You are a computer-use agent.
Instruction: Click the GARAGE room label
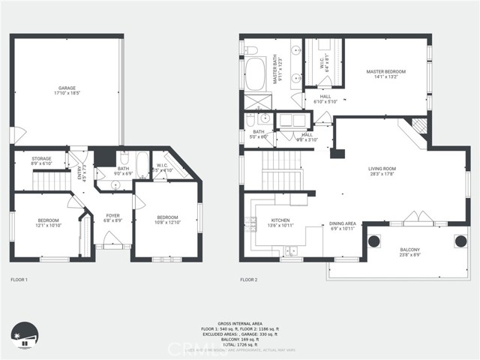67,91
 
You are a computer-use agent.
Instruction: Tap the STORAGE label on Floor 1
41,161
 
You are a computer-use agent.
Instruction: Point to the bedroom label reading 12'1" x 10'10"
48,223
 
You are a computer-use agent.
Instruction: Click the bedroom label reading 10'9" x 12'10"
168,218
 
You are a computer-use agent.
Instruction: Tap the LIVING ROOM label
382,172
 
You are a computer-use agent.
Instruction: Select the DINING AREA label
342,226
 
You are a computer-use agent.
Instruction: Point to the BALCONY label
409,253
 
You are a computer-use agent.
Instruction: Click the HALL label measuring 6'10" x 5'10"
325,98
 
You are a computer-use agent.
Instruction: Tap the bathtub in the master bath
253,75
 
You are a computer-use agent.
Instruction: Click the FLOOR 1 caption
19,280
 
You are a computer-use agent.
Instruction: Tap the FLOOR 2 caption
248,280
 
